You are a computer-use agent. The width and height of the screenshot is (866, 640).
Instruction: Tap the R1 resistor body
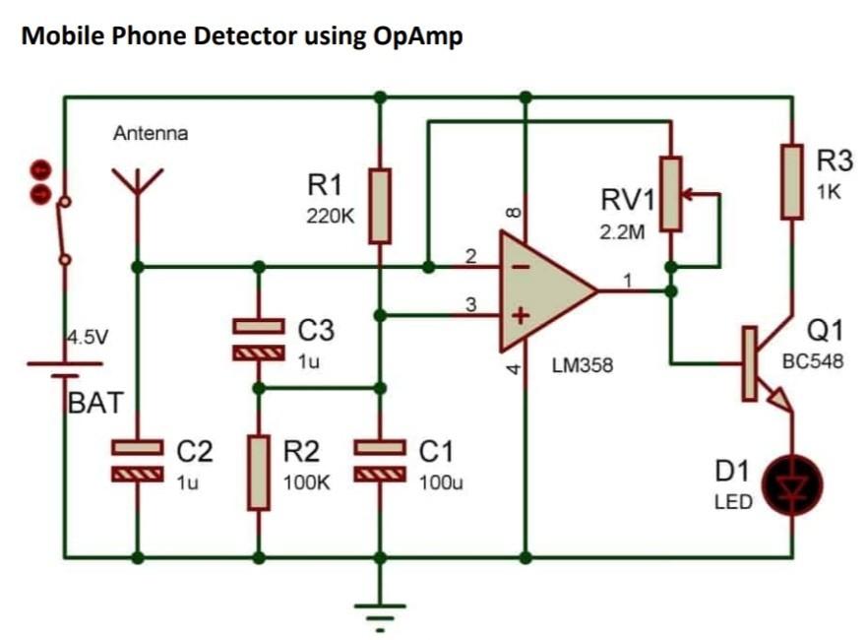pyautogui.click(x=380, y=206)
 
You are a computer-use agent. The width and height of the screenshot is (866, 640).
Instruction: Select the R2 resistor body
pyautogui.click(x=258, y=472)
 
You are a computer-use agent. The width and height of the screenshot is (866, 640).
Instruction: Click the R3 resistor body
pyautogui.click(x=792, y=180)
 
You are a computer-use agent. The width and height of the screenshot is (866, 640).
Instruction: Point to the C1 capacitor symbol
pyautogui.click(x=380, y=462)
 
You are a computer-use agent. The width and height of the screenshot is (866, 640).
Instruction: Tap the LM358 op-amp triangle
pyautogui.click(x=541, y=291)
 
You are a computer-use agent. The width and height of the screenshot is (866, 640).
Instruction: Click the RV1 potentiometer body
pyautogui.click(x=670, y=193)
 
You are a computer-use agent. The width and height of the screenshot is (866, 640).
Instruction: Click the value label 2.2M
pyautogui.click(x=623, y=234)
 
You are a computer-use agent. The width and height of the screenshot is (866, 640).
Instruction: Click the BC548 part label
pyautogui.click(x=812, y=361)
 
